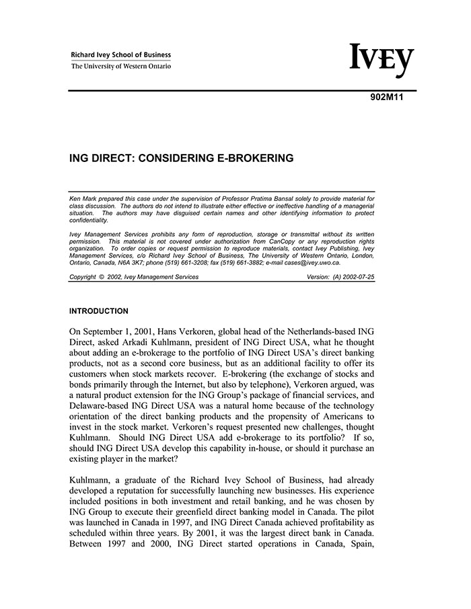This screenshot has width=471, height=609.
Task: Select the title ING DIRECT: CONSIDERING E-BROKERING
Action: pos(182,159)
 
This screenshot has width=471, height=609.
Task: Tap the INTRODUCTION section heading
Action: pos(99,311)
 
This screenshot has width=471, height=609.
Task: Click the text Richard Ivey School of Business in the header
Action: pos(121,55)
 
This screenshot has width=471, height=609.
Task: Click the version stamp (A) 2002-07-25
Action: pos(353,277)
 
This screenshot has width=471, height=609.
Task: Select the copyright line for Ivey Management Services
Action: pos(134,277)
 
